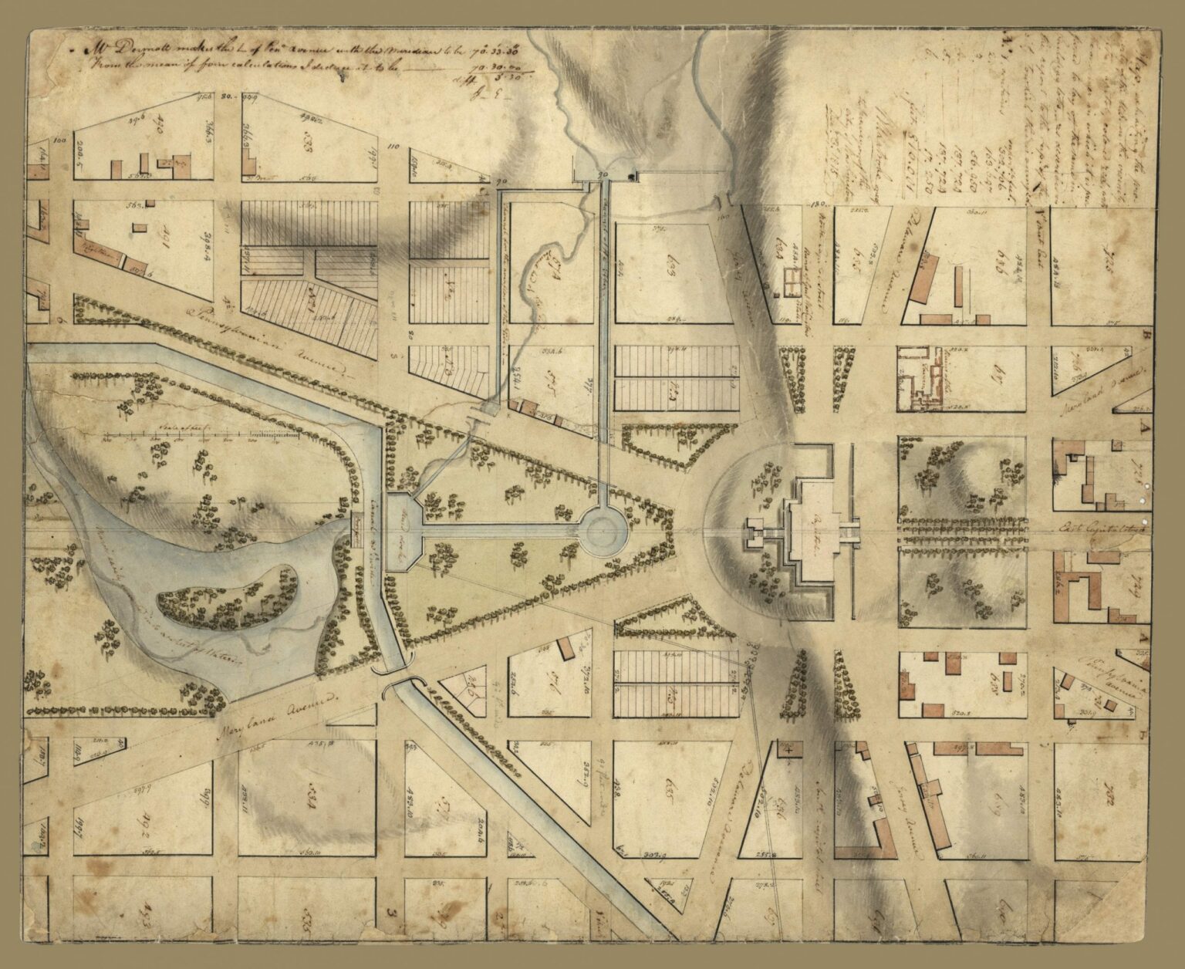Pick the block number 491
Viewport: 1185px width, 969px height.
tap(161, 255)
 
